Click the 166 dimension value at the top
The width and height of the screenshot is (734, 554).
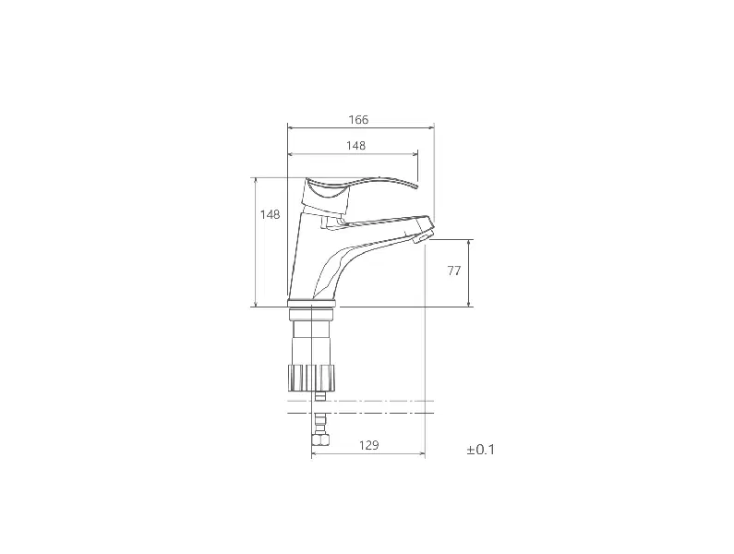(358, 120)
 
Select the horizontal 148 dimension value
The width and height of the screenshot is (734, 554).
(355, 146)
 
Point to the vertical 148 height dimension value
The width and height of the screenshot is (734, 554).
(271, 214)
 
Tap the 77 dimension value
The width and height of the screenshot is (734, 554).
(454, 271)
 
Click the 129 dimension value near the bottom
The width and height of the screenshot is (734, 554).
(369, 445)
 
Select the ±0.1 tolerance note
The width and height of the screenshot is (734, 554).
(481, 450)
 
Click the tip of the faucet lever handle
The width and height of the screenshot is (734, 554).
(416, 187)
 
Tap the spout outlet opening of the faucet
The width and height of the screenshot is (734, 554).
(425, 238)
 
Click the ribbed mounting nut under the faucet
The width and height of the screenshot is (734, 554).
(311, 378)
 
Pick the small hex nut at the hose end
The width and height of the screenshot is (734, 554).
(321, 440)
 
